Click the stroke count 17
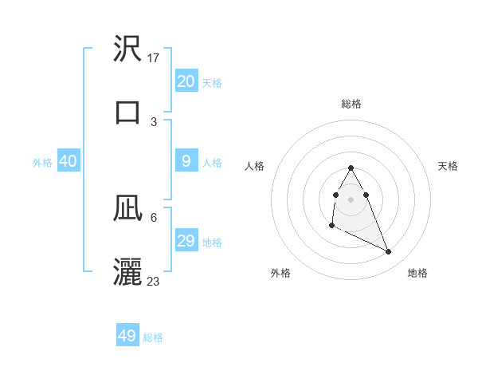pos(155,58)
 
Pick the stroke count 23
pos(154,281)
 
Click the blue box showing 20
pos(186,81)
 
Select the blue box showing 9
pos(186,161)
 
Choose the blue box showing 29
pos(186,241)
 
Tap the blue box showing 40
pos(69,161)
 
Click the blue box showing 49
pos(127,336)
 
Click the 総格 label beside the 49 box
pos(154,337)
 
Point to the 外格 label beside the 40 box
pos(42,163)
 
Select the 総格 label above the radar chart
pos(351,104)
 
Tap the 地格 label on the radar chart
pos(417,273)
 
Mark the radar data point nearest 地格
pos(389,252)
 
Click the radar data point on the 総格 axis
pos(351,168)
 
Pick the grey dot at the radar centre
pos(351,199)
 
